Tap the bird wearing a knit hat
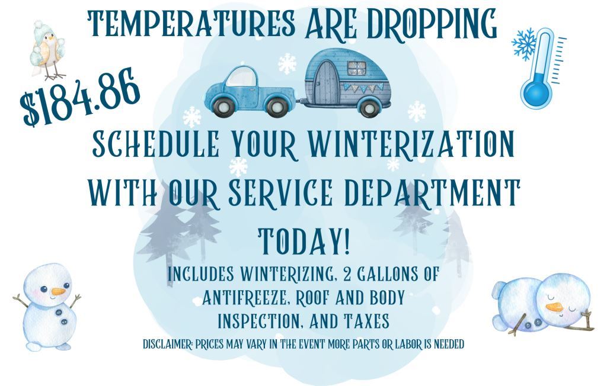[x=48, y=50]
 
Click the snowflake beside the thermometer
[x=525, y=43]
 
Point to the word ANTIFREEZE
[x=244, y=298]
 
